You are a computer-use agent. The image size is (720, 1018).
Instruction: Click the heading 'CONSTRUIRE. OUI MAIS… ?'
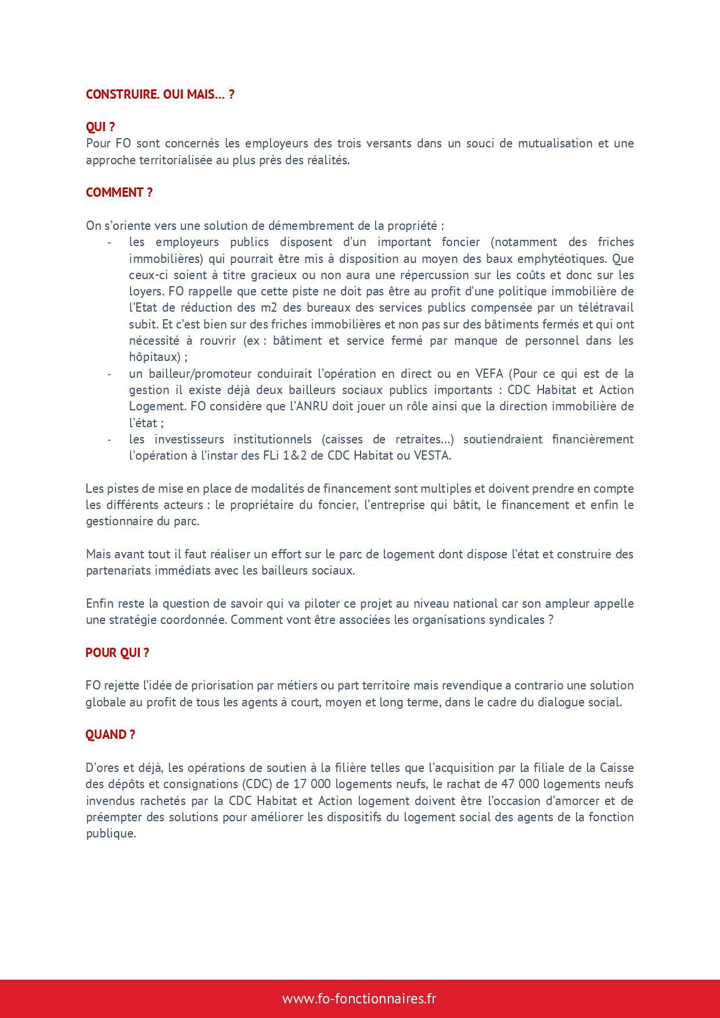pos(160,94)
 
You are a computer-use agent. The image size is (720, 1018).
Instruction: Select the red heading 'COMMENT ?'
pos(119,193)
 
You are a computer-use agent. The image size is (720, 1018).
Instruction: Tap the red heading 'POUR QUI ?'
pos(117,652)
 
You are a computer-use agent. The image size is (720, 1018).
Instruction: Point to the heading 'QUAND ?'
pos(110,734)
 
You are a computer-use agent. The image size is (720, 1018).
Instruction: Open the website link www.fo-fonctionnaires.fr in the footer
pos(359,998)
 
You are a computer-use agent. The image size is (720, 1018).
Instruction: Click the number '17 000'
pos(312,784)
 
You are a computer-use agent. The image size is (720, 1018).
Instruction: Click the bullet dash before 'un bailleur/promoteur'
pos(109,373)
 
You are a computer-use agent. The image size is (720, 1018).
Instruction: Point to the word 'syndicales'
pos(516,619)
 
